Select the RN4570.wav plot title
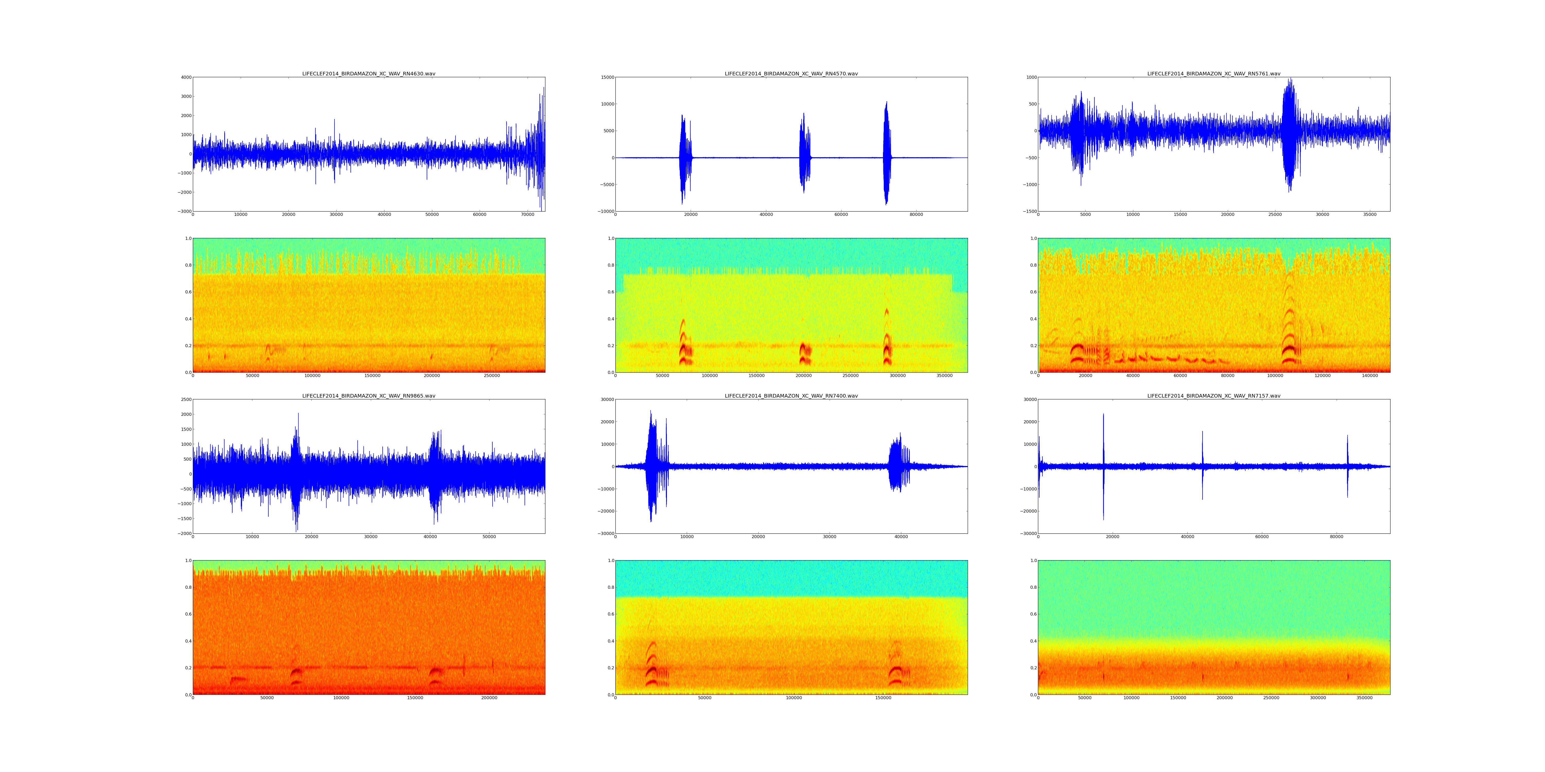tap(791, 74)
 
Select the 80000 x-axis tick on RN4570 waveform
tap(916, 215)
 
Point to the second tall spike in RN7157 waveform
tap(1202, 464)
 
